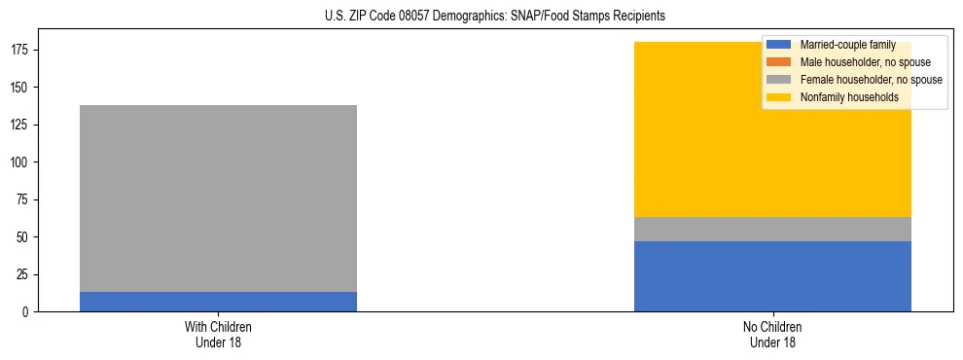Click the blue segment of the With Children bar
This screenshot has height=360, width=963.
tap(218, 302)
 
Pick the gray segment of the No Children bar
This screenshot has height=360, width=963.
tap(772, 229)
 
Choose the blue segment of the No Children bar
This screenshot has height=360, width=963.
tap(772, 276)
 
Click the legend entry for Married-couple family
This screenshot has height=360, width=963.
tap(847, 45)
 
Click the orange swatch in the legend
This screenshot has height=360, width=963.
tap(779, 62)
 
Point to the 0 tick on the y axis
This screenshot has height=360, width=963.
tap(28, 312)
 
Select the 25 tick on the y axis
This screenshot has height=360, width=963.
tap(25, 274)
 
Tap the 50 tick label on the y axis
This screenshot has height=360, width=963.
tap(25, 237)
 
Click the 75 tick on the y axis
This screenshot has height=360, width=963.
tap(25, 199)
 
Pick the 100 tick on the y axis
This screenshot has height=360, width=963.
tap(22, 162)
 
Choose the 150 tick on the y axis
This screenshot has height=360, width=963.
tap(22, 88)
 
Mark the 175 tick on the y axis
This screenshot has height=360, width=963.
tap(22, 50)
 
